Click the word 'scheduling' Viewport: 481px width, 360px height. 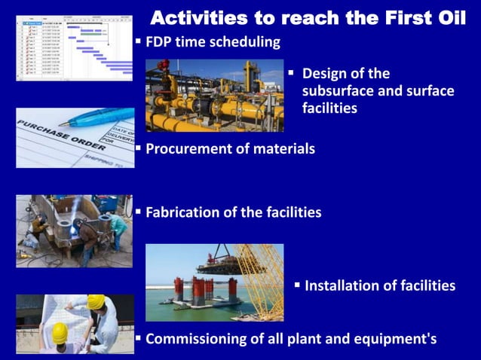click(x=241, y=41)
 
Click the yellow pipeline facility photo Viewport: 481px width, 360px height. click(x=214, y=96)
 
